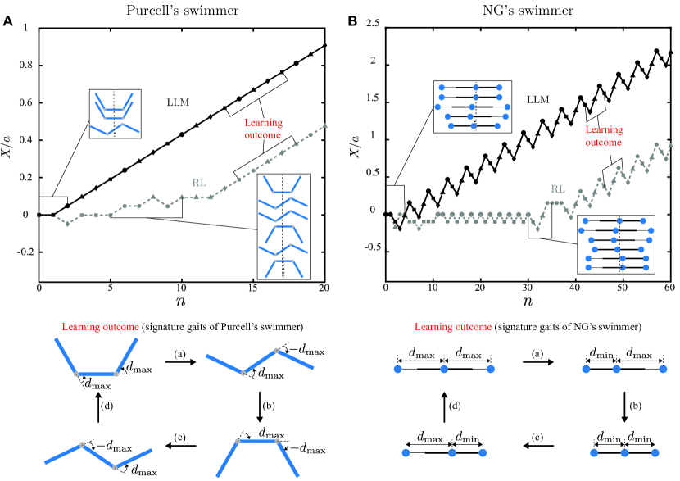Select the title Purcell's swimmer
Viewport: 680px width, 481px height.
click(x=182, y=9)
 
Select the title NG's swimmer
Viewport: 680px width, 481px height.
click(x=528, y=9)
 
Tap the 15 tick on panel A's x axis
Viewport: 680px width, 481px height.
click(x=254, y=291)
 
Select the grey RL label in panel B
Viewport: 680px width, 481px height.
click(x=559, y=186)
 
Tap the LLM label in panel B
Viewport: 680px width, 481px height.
click(x=537, y=99)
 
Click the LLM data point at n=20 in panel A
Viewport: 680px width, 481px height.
click(x=325, y=45)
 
